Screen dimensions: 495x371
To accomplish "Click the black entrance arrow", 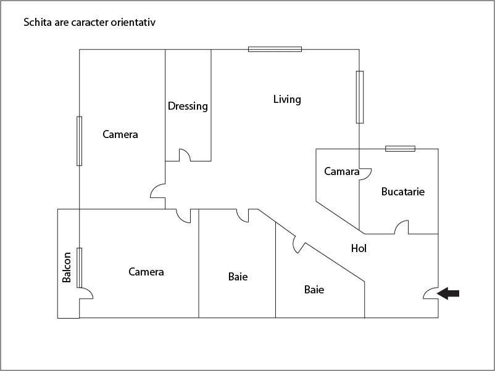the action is (x=448, y=293).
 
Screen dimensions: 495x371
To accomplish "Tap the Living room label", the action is (x=287, y=100).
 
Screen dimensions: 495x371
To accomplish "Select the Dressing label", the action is (x=188, y=106).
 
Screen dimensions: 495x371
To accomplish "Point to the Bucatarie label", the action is (x=403, y=192).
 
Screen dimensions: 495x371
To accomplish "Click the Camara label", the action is (x=341, y=171).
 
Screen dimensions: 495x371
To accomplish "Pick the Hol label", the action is (x=359, y=248).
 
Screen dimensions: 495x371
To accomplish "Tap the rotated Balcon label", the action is (x=67, y=267).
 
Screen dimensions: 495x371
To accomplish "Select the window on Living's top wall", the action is (x=275, y=49).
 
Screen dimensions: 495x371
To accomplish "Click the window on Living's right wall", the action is (x=360, y=97).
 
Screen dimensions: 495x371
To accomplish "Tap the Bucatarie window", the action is (x=400, y=149).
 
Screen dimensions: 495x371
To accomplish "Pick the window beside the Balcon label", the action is (x=79, y=267).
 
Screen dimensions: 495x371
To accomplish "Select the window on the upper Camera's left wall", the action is (x=79, y=141).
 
